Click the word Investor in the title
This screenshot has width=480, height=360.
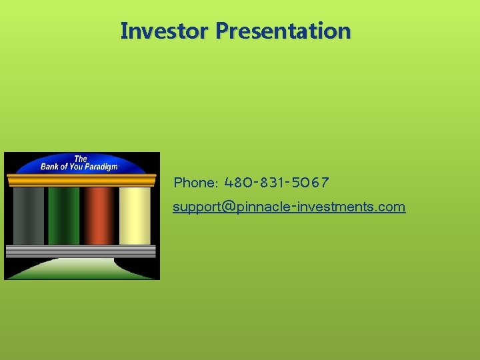[165, 31]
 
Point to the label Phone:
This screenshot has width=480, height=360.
[195, 183]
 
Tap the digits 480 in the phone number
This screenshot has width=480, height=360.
[239, 182]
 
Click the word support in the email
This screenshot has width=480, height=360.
[194, 207]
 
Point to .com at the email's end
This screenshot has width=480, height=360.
[390, 207]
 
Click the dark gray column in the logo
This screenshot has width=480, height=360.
[28, 215]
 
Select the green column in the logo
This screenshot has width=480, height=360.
[63, 215]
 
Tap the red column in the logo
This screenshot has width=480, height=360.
[99, 215]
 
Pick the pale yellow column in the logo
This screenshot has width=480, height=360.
[135, 215]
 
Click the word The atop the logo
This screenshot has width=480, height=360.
[80, 159]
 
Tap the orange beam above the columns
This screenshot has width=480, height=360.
[81, 179]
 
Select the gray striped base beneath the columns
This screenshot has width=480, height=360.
[81, 251]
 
